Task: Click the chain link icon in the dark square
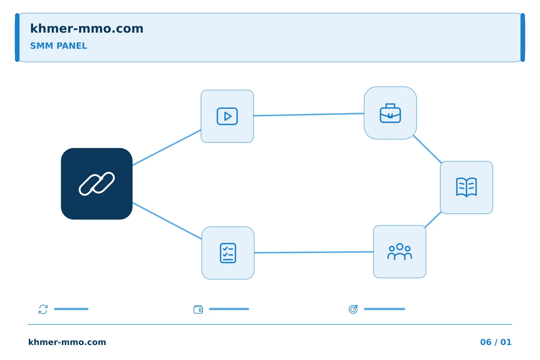pos(97,184)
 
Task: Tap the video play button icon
pos(227,116)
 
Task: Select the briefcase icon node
pos(390,113)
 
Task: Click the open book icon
pos(466,187)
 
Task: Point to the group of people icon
pos(400,252)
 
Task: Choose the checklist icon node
pos(228,253)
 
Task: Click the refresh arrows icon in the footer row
pos(43,309)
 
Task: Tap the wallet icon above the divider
pos(198,309)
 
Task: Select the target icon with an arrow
pos(353,309)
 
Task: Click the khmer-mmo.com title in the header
pos(87,28)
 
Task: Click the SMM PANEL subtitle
pos(58,46)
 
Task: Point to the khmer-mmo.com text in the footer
pos(67,342)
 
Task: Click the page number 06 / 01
pos(496,342)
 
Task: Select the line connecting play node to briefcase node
pos(309,114)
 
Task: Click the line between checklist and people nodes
pos(314,252)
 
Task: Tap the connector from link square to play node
pos(166,148)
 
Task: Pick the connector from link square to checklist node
pos(167,221)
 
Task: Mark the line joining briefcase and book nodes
pos(427,149)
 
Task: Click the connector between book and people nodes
pos(433,220)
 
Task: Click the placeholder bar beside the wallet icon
pos(229,309)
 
